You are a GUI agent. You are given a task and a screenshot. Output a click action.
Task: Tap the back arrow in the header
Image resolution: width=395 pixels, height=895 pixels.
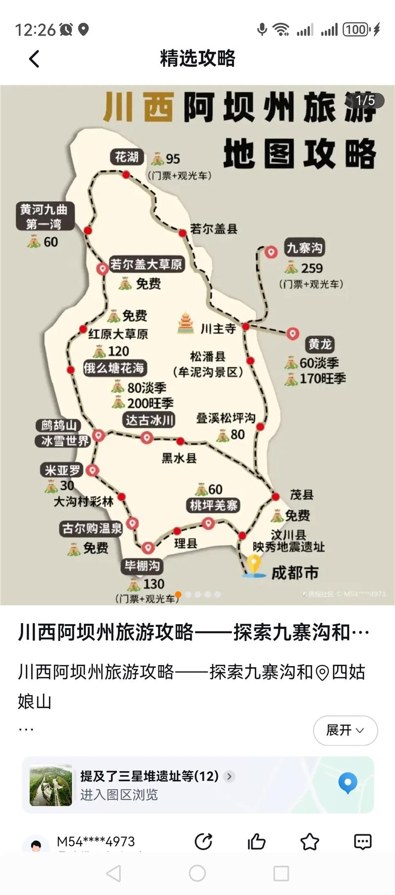(x=34, y=59)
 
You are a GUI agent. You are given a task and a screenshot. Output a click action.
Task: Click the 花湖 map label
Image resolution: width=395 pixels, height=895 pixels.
(x=126, y=157)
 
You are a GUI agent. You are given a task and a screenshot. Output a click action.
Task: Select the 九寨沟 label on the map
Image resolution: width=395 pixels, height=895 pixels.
(x=305, y=248)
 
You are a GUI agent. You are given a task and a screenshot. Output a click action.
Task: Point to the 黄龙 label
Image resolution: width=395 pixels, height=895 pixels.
(x=320, y=344)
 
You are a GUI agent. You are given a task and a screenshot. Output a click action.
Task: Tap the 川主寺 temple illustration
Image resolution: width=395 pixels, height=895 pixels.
(x=186, y=323)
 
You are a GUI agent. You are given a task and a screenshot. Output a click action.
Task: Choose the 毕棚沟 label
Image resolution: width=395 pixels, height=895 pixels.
(x=142, y=566)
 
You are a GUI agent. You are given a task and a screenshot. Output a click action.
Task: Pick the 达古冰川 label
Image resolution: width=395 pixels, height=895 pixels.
(x=150, y=420)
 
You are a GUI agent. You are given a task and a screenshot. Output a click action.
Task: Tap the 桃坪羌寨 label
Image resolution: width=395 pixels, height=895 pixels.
(x=214, y=505)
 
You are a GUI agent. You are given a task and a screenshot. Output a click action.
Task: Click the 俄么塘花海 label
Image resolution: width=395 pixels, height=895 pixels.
(x=114, y=368)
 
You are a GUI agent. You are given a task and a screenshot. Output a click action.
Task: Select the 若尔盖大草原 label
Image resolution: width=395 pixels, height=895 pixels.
(x=146, y=264)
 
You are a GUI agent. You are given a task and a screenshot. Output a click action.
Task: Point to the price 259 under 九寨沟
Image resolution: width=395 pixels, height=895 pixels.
(x=312, y=268)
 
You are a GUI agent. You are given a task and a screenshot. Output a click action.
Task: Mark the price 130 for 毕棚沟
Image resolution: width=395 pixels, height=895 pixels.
(x=154, y=584)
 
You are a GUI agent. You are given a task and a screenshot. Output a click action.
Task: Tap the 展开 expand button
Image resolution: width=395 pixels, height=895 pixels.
(x=345, y=730)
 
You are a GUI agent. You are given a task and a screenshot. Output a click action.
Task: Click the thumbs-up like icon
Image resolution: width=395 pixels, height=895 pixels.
(x=257, y=842)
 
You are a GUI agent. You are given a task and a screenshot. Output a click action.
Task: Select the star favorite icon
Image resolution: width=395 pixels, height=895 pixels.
(x=310, y=842)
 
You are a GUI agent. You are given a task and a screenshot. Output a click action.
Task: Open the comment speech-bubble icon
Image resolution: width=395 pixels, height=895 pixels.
(x=362, y=842)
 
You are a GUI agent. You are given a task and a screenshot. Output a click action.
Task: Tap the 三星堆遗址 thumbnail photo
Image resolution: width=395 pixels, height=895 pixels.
(x=51, y=785)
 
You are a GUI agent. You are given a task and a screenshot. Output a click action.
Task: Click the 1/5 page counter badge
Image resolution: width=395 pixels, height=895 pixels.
(x=365, y=101)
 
